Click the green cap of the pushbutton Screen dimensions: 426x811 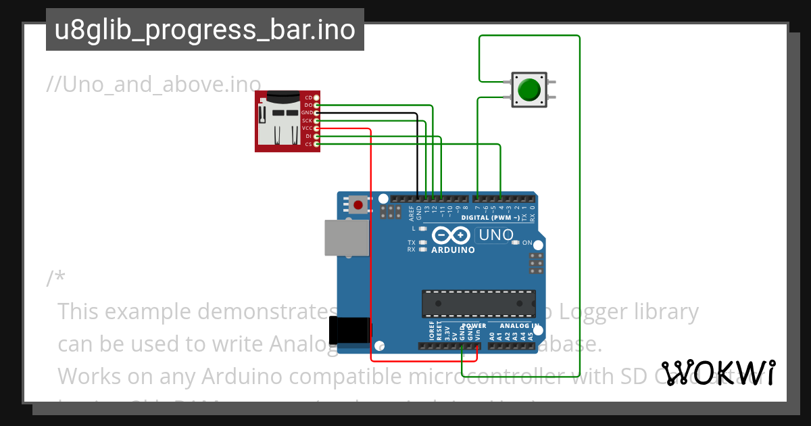pos(529,89)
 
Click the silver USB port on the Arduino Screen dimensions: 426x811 pos(346,237)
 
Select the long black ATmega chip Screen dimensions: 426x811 pos(478,304)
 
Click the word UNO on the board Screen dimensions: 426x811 pos(495,235)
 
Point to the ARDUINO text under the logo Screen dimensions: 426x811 pos(453,250)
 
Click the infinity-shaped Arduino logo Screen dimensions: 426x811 pos(451,235)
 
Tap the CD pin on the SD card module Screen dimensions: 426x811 pos(316,98)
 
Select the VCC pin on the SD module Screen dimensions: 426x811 pos(316,128)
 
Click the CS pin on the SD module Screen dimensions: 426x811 pos(316,144)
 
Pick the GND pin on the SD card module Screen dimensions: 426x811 pos(316,113)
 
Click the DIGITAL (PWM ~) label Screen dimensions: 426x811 pos(491,218)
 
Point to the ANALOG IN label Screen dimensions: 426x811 pos(520,325)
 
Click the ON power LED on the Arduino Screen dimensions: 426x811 pos(516,243)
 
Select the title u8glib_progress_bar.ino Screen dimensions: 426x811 pos(205,30)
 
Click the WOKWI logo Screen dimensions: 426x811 pos(718,373)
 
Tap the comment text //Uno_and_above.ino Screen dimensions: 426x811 pos(153,84)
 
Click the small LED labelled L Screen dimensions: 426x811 pos(423,229)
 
